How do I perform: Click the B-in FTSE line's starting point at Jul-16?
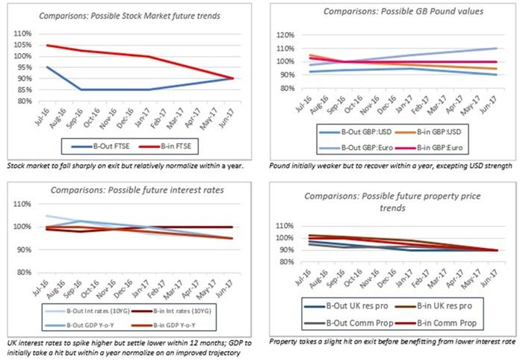(46, 46)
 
